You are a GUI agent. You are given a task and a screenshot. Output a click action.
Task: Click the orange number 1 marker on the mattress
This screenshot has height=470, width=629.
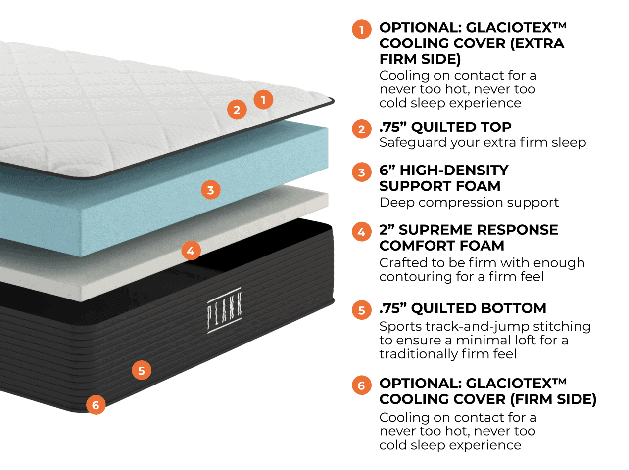pyautogui.click(x=263, y=100)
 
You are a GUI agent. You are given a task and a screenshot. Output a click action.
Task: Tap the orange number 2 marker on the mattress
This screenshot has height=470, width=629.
pyautogui.click(x=237, y=110)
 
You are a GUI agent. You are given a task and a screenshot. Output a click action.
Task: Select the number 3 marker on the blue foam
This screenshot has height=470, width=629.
pyautogui.click(x=211, y=190)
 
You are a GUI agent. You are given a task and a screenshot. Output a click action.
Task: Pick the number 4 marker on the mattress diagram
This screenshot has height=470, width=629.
pyautogui.click(x=191, y=251)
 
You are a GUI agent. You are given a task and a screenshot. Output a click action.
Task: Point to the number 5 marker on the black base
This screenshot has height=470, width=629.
pyautogui.click(x=142, y=371)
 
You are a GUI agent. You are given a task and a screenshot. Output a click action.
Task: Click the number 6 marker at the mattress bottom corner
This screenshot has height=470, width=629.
pyautogui.click(x=96, y=405)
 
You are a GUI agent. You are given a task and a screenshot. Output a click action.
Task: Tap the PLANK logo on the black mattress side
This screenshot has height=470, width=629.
pyautogui.click(x=224, y=310)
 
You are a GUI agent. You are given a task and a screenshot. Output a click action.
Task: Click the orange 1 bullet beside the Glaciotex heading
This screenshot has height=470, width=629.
pyautogui.click(x=362, y=29)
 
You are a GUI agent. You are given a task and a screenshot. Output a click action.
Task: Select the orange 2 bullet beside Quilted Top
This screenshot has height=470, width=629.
pyautogui.click(x=362, y=129)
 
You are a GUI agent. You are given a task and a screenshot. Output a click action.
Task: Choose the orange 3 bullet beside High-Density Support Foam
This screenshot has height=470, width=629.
pyautogui.click(x=362, y=172)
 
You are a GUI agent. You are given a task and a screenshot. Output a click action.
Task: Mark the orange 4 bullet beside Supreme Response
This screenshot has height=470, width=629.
pyautogui.click(x=362, y=232)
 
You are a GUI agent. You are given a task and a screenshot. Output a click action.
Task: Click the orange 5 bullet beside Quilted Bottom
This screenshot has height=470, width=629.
pyautogui.click(x=362, y=310)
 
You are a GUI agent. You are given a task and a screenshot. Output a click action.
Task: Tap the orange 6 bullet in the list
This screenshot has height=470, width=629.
pyautogui.click(x=362, y=385)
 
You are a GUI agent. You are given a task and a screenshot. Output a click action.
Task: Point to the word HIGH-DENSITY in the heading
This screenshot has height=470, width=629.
pyautogui.click(x=454, y=170)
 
